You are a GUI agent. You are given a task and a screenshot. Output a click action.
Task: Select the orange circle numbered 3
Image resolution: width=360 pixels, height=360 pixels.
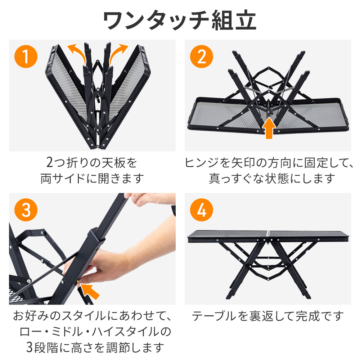pos(26,210)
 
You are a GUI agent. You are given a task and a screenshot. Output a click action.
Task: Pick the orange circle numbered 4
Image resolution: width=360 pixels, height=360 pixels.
pos(202,210)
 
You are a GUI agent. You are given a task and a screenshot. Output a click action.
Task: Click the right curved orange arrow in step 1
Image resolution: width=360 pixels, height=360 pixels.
pos(119,50)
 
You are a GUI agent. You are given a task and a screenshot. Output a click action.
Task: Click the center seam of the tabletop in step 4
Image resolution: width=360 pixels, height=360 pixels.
pos(268,236)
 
